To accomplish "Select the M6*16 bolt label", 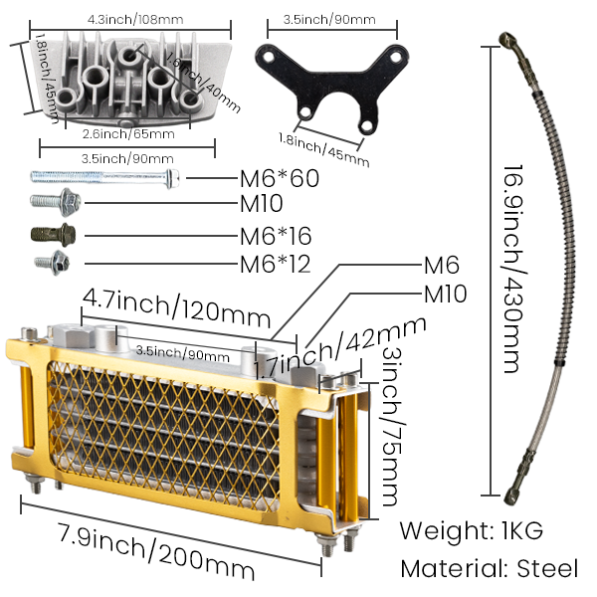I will point(275,238).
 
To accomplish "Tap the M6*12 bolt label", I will point(275,264).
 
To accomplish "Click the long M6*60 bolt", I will point(104,178).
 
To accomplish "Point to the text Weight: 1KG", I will point(471,529).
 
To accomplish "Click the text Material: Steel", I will point(488,569).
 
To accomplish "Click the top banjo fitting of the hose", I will point(507,41).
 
